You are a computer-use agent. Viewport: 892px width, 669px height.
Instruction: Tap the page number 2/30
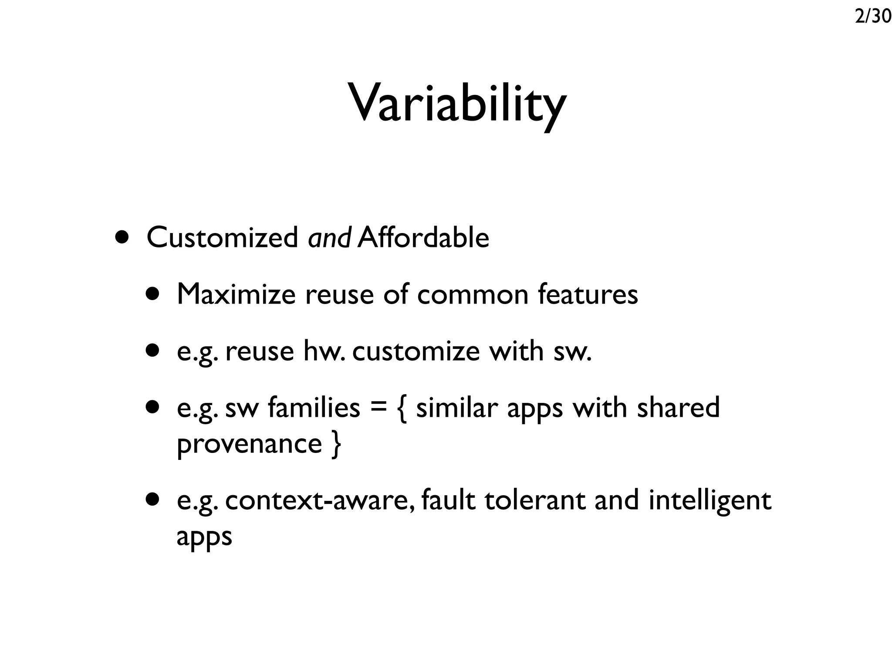point(873,17)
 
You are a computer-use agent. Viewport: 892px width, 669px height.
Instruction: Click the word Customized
point(222,238)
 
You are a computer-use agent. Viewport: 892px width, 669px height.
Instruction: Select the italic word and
point(329,238)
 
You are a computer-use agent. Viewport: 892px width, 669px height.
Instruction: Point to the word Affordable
point(423,238)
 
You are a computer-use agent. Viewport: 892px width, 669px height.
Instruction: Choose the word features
point(588,294)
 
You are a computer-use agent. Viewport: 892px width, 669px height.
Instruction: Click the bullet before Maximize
point(153,294)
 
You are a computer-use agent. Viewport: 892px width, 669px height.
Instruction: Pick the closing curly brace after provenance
point(336,444)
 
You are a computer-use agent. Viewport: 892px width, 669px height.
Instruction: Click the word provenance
point(249,444)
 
